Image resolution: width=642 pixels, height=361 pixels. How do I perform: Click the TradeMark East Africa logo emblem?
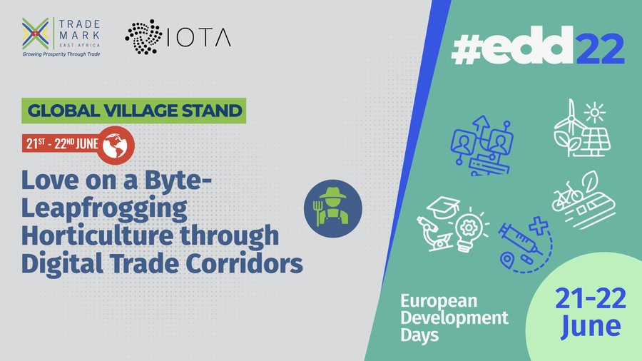pos(36,32)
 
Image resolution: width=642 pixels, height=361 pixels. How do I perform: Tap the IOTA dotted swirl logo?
pos(143,36)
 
